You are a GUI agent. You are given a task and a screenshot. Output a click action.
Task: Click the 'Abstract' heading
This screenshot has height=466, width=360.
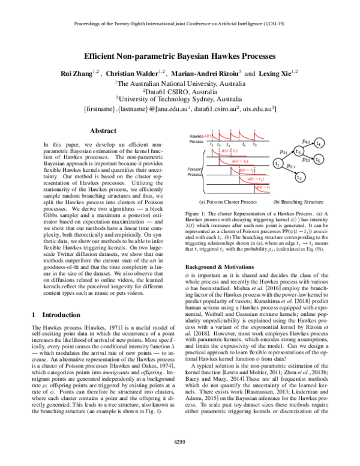tap(98, 130)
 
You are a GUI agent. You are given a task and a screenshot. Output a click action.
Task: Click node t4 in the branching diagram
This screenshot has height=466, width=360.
tap(319, 144)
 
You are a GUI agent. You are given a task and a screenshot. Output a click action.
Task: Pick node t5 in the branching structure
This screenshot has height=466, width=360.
tap(319, 160)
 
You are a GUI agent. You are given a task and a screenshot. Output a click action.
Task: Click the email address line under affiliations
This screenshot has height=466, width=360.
tap(179, 110)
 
